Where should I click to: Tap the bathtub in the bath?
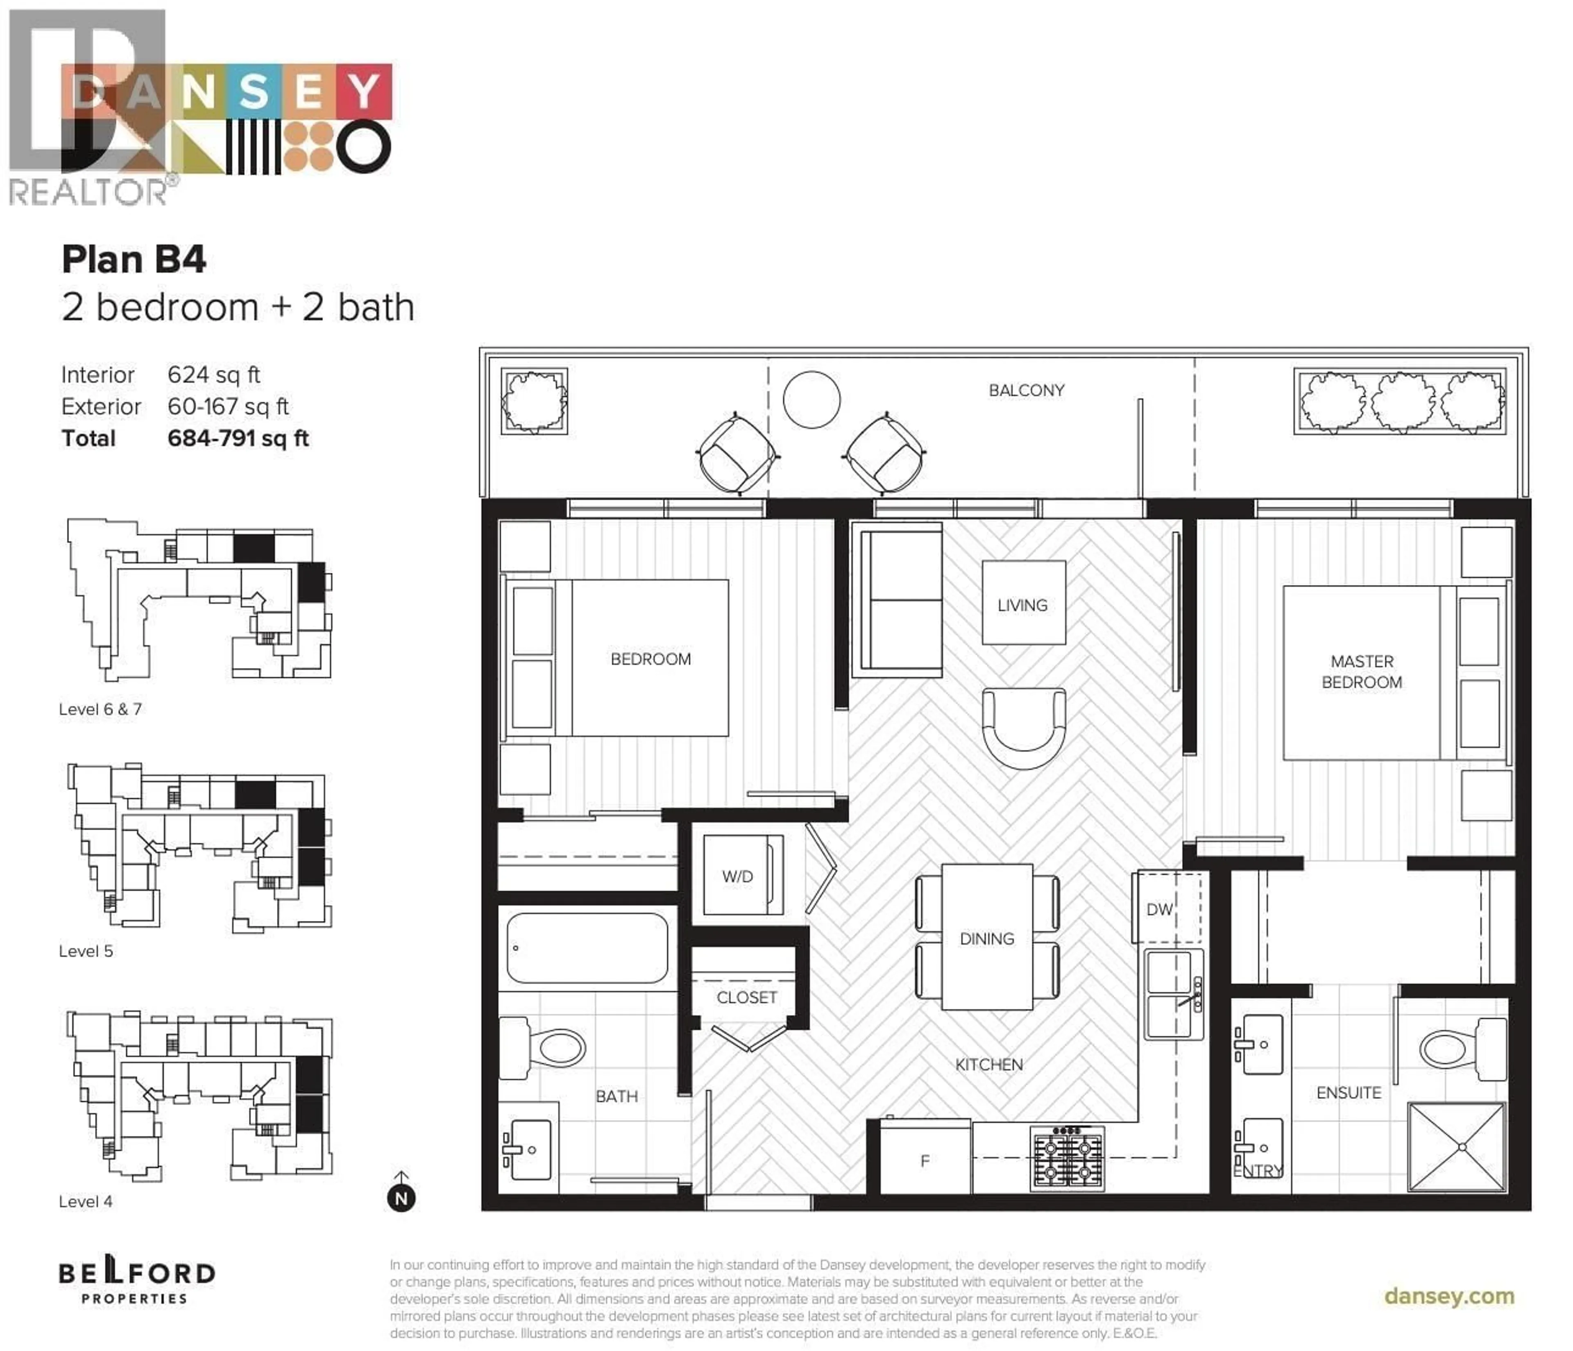587,948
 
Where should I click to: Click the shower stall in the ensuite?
1456,1147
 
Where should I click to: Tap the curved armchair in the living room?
1023,725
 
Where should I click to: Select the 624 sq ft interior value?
213,375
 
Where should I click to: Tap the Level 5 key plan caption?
86,951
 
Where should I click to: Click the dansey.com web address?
1448,1297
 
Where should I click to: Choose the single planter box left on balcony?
534,401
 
